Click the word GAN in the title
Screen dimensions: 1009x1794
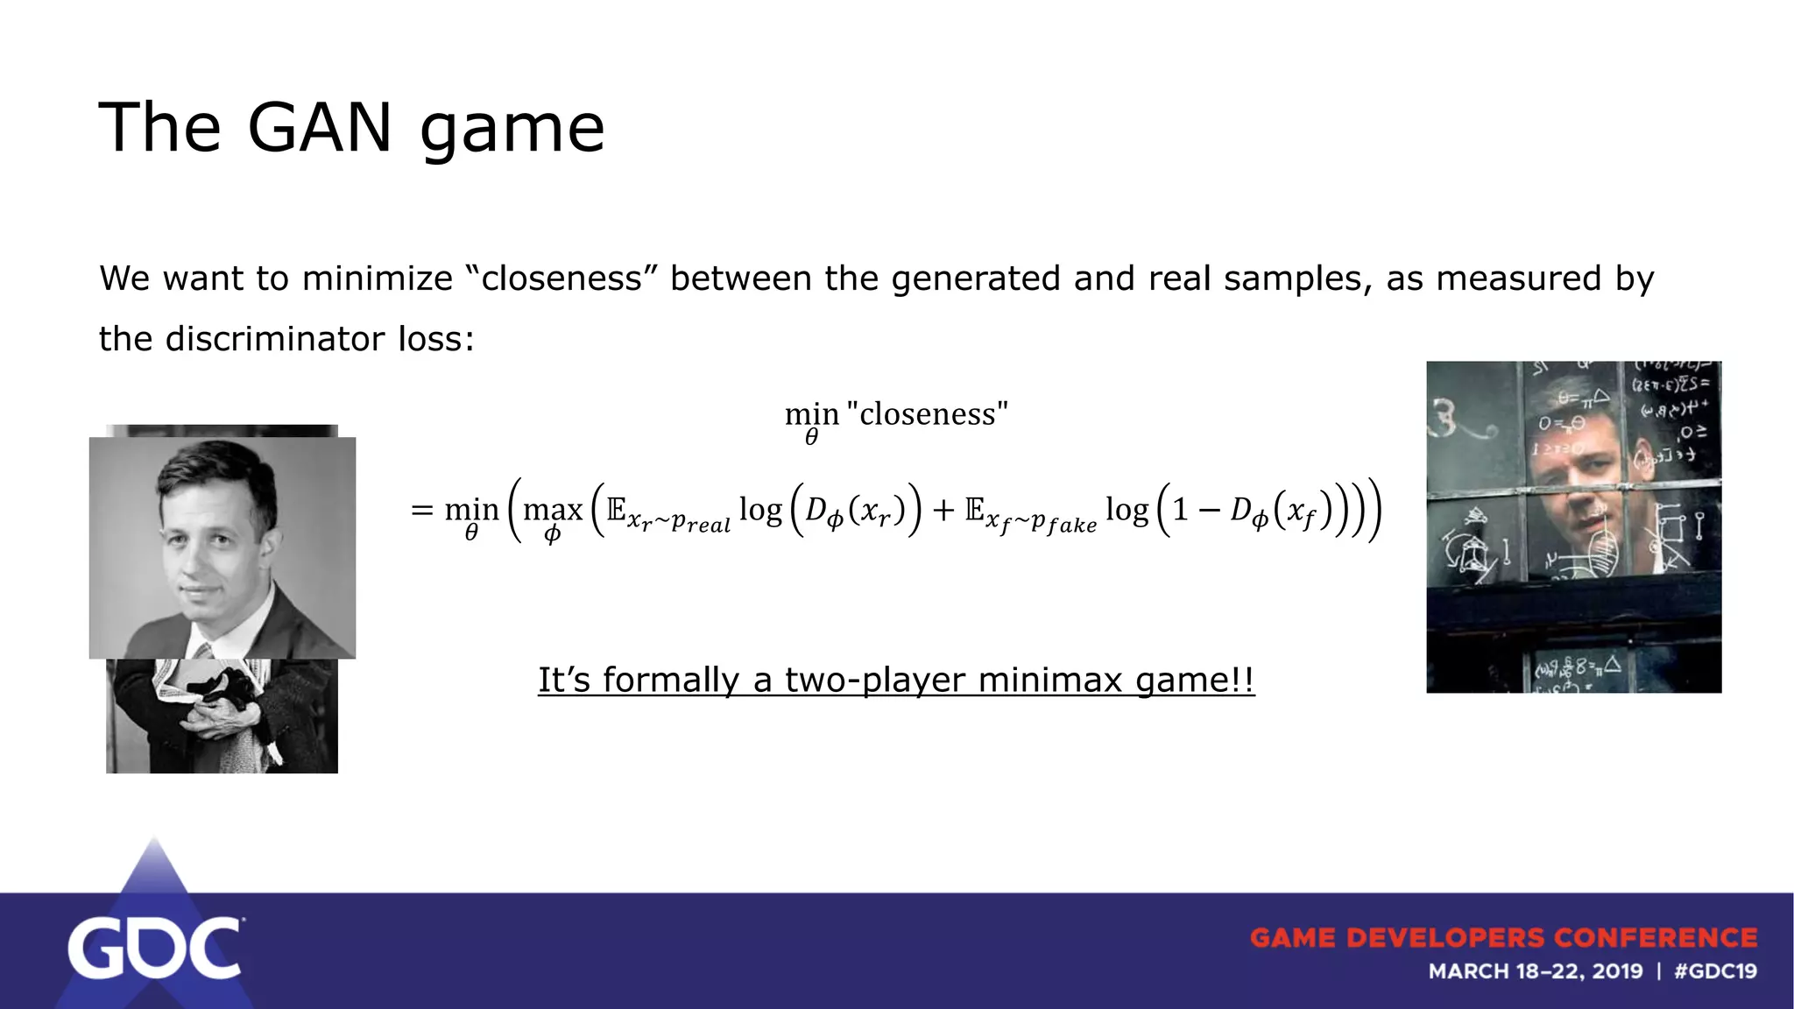pos(319,128)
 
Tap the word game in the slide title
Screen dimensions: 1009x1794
pos(512,131)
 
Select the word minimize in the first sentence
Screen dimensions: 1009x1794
pos(377,279)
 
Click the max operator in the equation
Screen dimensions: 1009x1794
pos(553,509)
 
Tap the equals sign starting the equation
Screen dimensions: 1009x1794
pos(422,509)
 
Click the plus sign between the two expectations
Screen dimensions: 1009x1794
pos(943,509)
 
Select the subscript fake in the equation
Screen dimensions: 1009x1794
pos(1071,525)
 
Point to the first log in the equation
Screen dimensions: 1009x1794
pos(760,509)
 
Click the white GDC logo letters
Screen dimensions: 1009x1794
pos(154,949)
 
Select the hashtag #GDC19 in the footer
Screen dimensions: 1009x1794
pos(1714,971)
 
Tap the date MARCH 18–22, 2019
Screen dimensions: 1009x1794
pos(1535,971)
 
